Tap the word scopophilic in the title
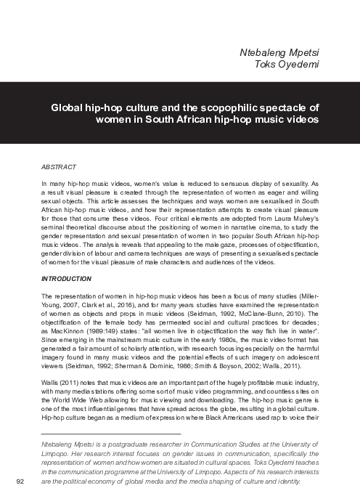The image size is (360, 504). pyautogui.click(x=232, y=106)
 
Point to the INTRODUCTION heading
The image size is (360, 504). pyautogui.click(x=66, y=278)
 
